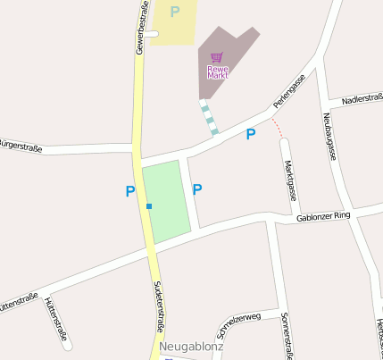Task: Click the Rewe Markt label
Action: coord(218,72)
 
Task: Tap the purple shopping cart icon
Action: coord(217,57)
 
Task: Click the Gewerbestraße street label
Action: coord(142,28)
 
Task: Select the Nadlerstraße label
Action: coord(362,96)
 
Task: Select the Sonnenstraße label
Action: coord(287,335)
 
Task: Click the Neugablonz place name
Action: coord(191,346)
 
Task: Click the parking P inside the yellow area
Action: coord(175,13)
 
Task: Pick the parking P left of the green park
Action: coord(130,190)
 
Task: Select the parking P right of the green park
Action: coord(197,188)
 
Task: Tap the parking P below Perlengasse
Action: coord(251,134)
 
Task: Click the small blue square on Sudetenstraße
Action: coord(149,206)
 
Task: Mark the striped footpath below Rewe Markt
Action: coord(209,119)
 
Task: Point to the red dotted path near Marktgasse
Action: coord(279,128)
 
